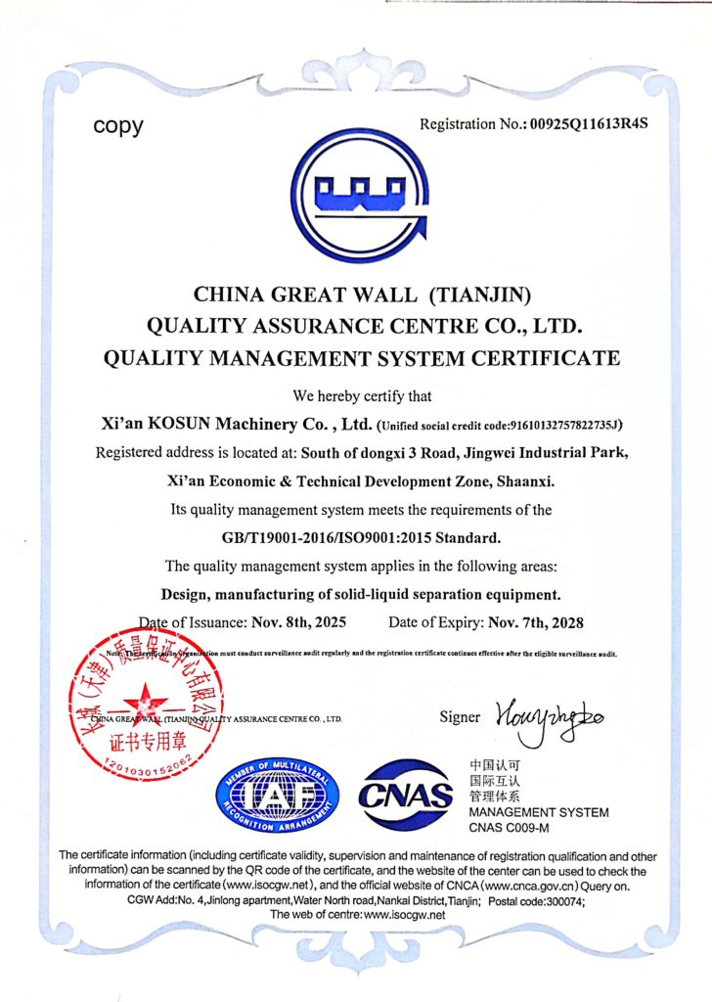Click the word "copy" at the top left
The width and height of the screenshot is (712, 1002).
[118, 126]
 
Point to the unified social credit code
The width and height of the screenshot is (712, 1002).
[501, 426]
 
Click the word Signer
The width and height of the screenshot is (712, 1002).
[460, 717]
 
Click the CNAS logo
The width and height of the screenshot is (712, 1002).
[406, 794]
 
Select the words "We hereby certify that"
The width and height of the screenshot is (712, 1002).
[356, 396]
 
